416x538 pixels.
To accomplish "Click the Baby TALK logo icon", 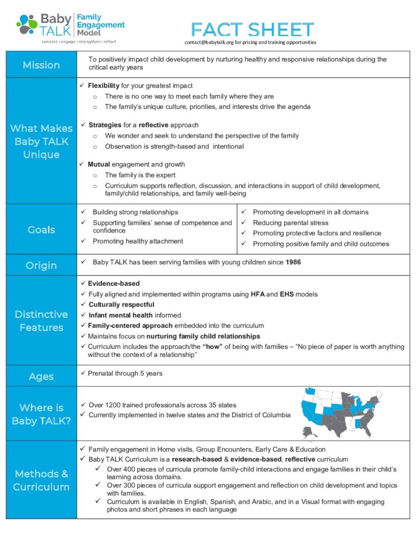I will pos(27,24).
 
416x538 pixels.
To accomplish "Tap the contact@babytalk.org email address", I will pos(207,42).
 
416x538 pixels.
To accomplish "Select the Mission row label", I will pos(41,65).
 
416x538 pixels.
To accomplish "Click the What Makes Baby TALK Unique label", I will pos(41,141).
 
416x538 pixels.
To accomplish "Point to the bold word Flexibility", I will pos(104,86).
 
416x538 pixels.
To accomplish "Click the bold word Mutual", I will pos(99,164).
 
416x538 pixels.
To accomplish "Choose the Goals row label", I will pos(41,230).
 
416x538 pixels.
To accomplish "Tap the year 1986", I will pos(293,262).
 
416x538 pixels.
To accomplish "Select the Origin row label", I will pos(41,265).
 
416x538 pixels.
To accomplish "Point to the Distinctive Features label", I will pos(41,321).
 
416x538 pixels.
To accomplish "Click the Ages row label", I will pos(41,376).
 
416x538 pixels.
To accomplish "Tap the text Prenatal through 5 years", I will pos(125,374).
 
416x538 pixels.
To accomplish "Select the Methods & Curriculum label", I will pos(41,480).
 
